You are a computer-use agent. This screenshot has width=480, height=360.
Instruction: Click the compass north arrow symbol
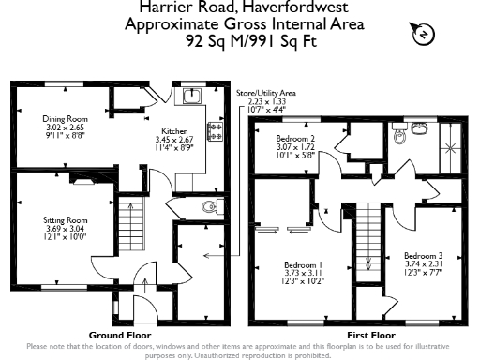coord(423,35)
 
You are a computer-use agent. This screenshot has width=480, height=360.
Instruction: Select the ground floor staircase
coord(130,226)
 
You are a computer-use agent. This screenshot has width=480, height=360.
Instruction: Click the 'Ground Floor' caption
coord(120,335)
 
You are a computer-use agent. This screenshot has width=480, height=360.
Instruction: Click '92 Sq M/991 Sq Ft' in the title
coord(240,41)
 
